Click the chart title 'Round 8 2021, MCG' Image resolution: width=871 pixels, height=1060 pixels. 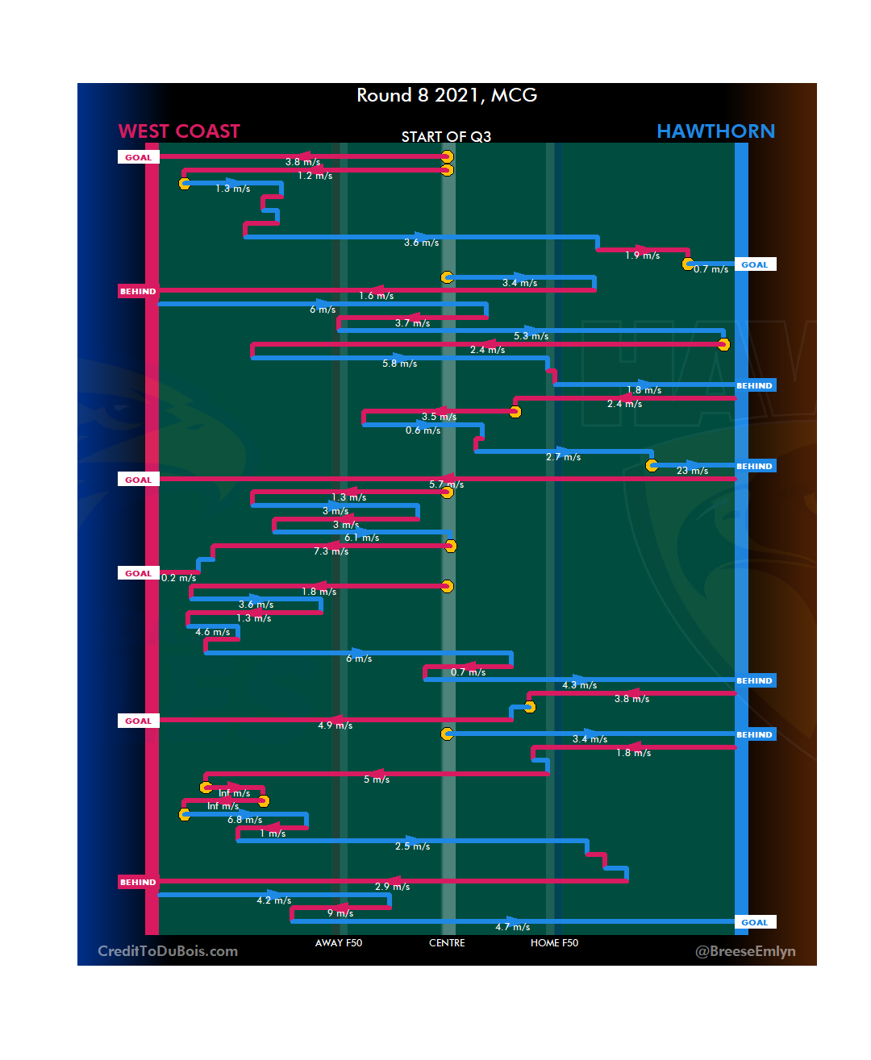click(447, 95)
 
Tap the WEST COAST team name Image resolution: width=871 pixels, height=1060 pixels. click(179, 131)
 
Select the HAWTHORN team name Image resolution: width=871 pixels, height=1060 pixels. click(715, 131)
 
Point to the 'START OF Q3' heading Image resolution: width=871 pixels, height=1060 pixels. click(446, 137)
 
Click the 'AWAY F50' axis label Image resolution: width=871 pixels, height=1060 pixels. click(339, 943)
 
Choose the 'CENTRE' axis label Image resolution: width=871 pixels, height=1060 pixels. click(447, 943)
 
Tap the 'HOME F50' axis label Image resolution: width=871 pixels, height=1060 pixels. click(554, 943)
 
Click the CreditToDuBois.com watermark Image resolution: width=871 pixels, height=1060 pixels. click(168, 951)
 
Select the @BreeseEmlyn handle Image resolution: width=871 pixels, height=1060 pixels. click(745, 951)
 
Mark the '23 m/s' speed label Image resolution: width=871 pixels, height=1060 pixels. click(692, 471)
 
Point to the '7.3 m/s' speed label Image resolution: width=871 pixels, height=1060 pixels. click(331, 551)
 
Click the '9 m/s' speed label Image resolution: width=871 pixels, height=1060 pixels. click(340, 913)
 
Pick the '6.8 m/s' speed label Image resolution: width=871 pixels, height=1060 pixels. click(244, 820)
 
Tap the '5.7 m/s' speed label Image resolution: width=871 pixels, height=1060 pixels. click(446, 484)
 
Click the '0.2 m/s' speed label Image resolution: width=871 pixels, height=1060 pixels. click(178, 578)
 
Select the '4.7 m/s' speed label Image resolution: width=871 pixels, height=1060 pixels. click(512, 927)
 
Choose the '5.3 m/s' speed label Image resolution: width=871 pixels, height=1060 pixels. click(531, 336)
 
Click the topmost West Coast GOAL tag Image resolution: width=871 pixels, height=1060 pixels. click(138, 157)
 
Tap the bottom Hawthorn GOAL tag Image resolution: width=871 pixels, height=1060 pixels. click(754, 922)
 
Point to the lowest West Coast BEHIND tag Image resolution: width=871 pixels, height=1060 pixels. click(138, 882)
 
